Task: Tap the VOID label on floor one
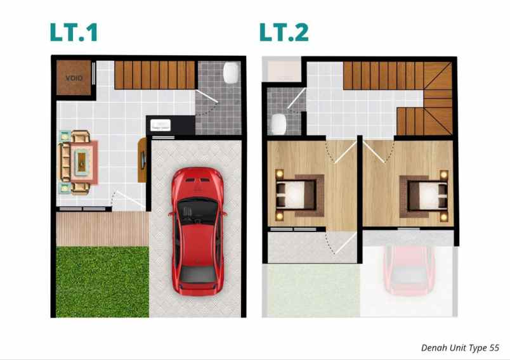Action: coord(74,78)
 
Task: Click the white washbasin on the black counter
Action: coord(160,125)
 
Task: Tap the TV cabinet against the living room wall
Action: coord(142,160)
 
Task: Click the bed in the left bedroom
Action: coord(295,194)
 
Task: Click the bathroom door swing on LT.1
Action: coord(208,103)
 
